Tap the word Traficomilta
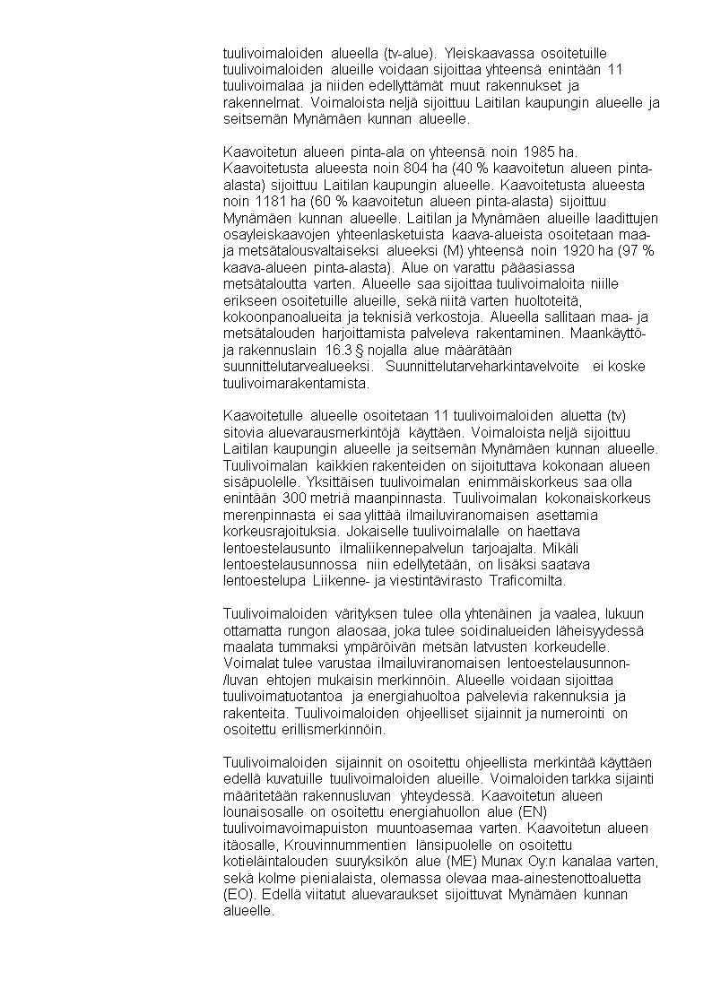[x=527, y=580]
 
